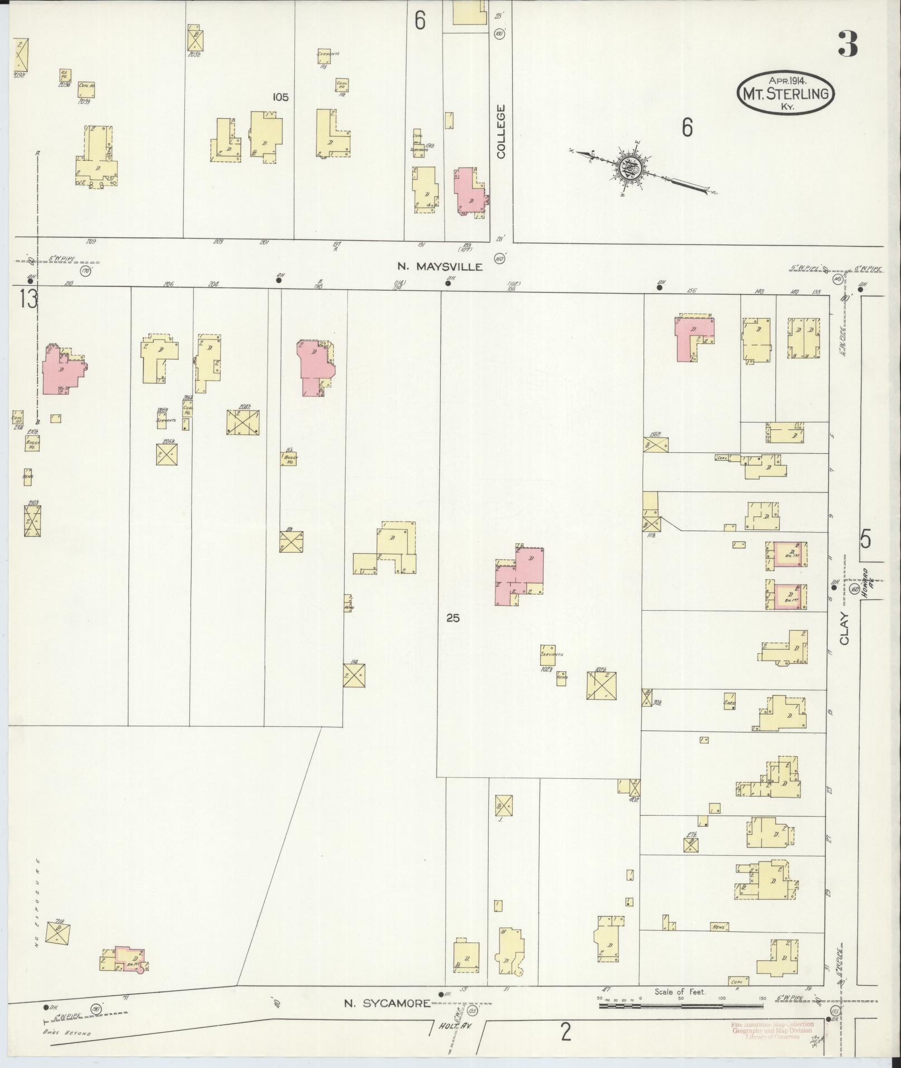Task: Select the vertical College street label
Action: [x=500, y=132]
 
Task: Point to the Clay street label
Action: [x=843, y=629]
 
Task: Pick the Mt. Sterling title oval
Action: [x=786, y=93]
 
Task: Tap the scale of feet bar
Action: [x=680, y=1005]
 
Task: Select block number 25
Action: [x=452, y=618]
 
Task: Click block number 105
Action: [x=280, y=97]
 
